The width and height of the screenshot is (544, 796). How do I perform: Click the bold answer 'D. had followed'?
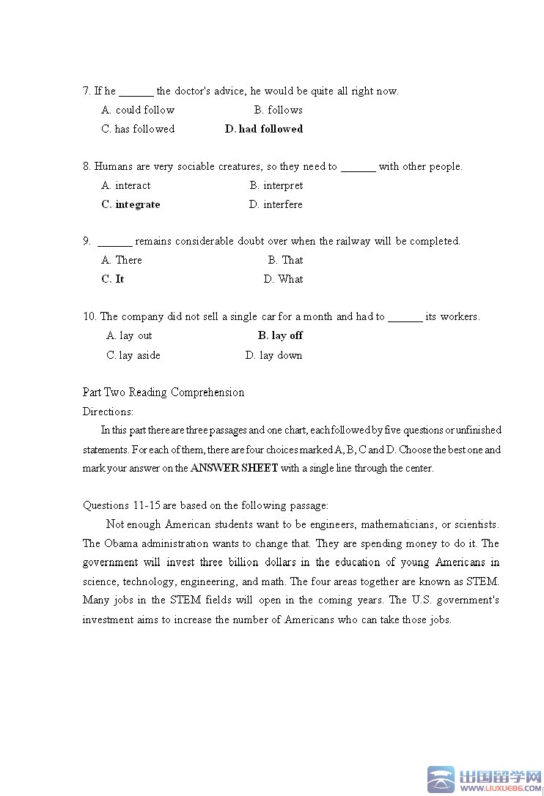click(x=263, y=129)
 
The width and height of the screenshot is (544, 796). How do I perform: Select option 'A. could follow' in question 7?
click(x=138, y=110)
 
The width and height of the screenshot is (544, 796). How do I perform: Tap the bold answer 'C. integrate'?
click(x=131, y=204)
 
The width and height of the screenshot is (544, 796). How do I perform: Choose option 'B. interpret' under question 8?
click(x=276, y=185)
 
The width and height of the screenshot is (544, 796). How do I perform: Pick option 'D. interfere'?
click(x=276, y=204)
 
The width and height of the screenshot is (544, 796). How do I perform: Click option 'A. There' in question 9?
click(x=122, y=260)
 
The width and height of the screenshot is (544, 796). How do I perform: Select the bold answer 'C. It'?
click(x=113, y=279)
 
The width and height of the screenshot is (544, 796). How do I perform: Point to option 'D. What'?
click(x=283, y=279)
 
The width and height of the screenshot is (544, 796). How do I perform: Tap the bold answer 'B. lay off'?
click(x=280, y=335)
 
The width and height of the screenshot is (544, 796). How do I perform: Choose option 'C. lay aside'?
click(x=133, y=355)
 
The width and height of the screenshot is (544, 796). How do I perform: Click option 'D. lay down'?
click(x=273, y=355)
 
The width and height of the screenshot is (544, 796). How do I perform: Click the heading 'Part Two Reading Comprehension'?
click(x=163, y=393)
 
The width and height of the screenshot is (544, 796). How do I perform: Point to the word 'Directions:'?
click(x=108, y=412)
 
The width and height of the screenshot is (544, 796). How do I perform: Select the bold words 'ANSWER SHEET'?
click(x=234, y=469)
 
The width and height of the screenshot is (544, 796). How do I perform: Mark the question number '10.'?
click(x=89, y=316)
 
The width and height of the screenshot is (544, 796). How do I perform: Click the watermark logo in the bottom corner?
click(x=485, y=780)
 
